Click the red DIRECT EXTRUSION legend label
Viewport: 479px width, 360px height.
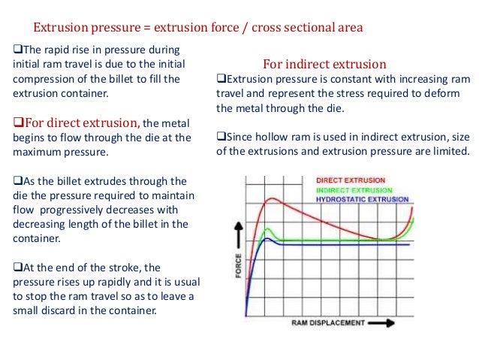351,180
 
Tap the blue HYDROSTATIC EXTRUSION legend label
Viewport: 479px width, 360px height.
362,200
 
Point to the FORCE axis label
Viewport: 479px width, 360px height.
239,265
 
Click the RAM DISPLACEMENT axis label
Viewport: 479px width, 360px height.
327,323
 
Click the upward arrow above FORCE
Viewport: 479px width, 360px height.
239,230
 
